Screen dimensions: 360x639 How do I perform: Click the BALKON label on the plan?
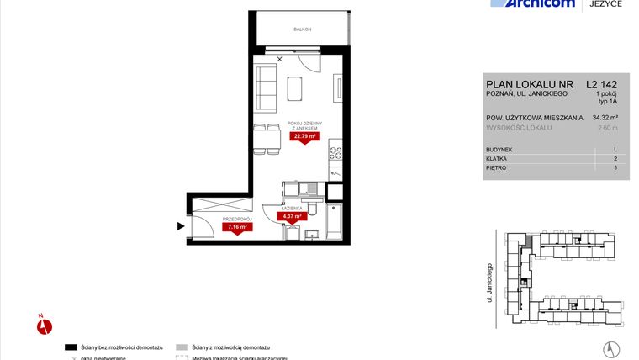coord(303,29)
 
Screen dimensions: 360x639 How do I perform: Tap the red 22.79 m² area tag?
coord(304,135)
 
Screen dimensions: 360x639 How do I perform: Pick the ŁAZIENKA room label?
coord(292,207)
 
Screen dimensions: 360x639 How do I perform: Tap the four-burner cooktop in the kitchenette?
coord(335,153)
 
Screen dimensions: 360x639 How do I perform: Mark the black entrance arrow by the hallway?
coord(181,225)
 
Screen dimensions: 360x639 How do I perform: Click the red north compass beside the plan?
coord(45,326)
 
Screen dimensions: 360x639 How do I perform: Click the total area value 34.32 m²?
coord(605,118)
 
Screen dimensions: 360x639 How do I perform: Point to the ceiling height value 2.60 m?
coord(605,128)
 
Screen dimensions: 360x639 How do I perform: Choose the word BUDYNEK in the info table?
coord(499,149)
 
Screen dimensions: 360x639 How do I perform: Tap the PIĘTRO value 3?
coord(615,167)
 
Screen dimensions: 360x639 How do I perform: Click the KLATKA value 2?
coord(615,158)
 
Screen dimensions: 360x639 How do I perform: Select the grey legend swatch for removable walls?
coord(182,347)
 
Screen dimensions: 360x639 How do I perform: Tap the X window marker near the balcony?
coord(280,59)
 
